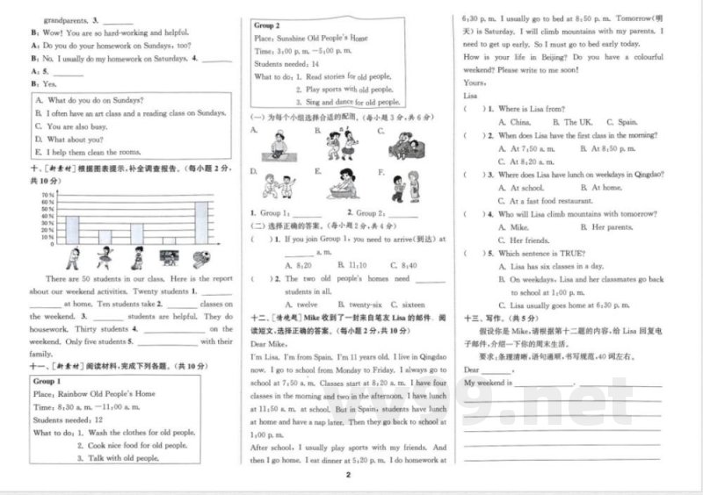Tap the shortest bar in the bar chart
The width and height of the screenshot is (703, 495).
170,240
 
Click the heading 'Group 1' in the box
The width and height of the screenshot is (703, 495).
47,382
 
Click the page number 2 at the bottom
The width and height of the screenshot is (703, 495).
349,475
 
